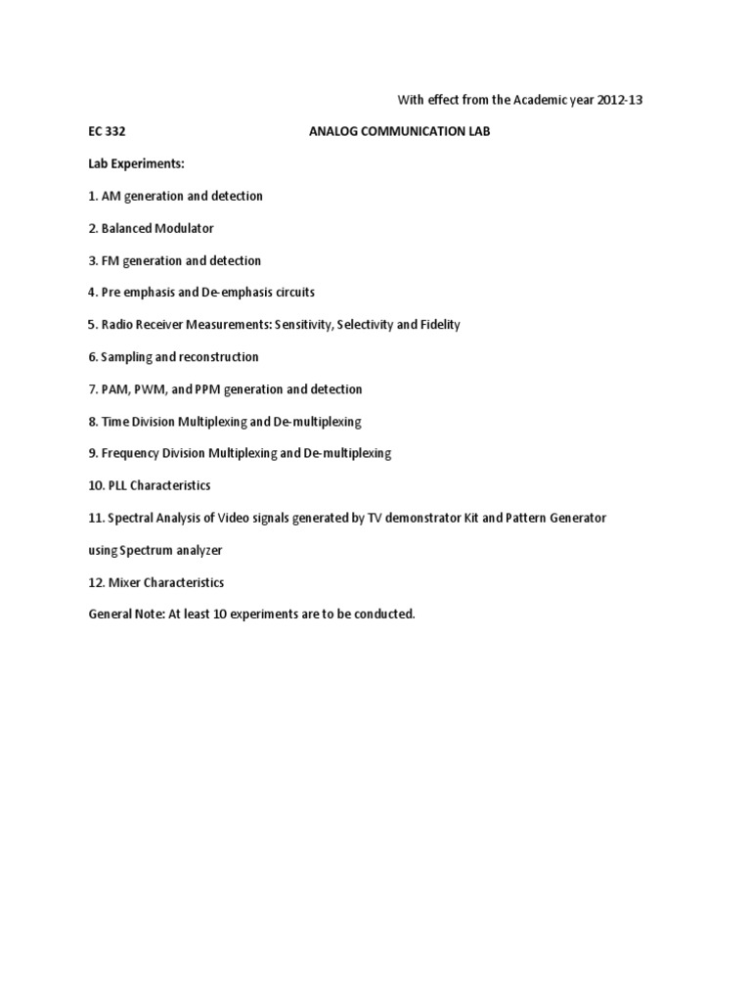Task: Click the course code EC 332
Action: (107, 131)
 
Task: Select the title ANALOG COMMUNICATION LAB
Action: (399, 131)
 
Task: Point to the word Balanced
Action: (128, 228)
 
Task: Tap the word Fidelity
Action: (436, 325)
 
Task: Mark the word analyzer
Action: (200, 551)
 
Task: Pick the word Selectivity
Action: (368, 325)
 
